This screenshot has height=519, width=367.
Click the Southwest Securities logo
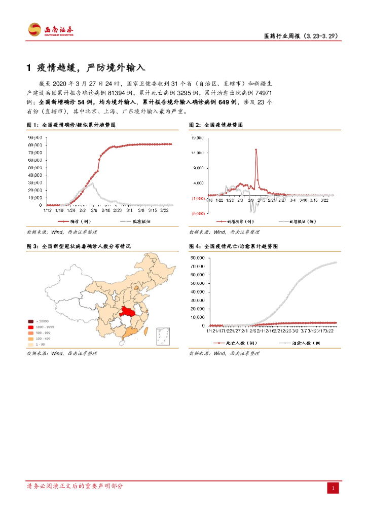pyautogui.click(x=51, y=29)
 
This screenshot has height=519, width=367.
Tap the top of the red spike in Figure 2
pyautogui.click(x=256, y=149)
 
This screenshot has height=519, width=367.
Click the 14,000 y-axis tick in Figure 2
pyautogui.click(x=198, y=153)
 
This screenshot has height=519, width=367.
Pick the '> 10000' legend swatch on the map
pyautogui.click(x=31, y=321)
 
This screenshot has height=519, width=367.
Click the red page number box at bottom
pyautogui.click(x=333, y=488)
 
